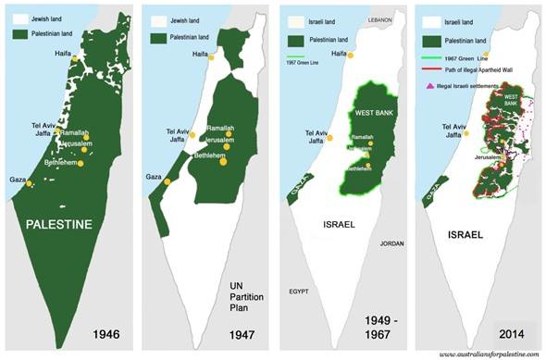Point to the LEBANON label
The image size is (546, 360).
click(381, 19)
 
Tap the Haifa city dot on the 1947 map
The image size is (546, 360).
click(210, 57)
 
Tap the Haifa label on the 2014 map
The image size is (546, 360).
click(474, 55)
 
